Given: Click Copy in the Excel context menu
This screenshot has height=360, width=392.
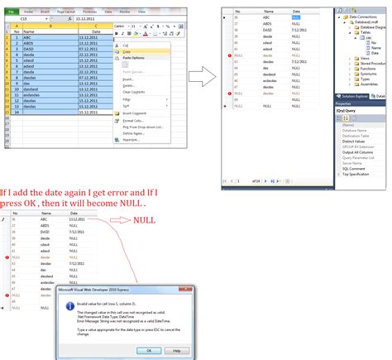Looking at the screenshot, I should point(127,51).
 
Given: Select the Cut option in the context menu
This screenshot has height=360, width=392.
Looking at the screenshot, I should point(126,45).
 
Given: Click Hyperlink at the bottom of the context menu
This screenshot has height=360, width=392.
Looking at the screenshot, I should point(129,141).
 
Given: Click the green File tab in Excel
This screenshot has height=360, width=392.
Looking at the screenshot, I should point(10,12).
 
